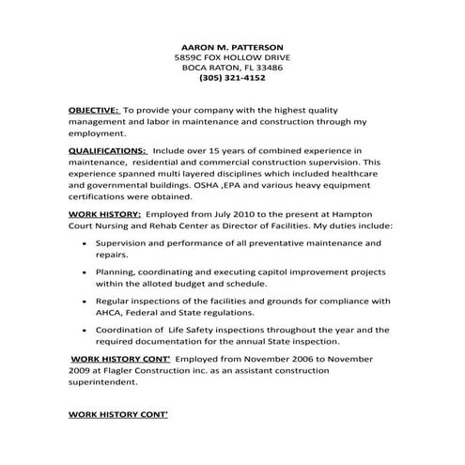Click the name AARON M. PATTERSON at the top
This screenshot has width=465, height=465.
(231, 45)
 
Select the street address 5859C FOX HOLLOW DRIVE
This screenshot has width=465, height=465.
(231, 56)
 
